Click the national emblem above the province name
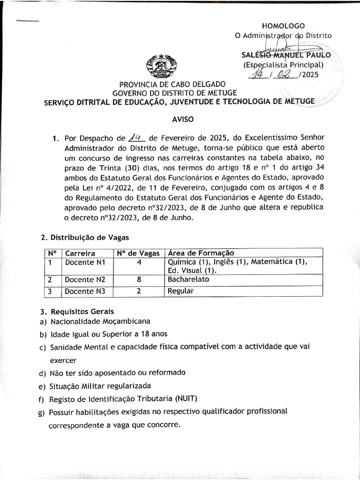coord(159,65)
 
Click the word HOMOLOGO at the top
coord(283,26)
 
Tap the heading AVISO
coord(183,120)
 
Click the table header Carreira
coord(80,253)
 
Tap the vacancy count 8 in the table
coord(139,280)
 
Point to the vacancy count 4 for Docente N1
coord(139,262)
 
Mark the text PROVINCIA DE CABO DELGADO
coord(172,84)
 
